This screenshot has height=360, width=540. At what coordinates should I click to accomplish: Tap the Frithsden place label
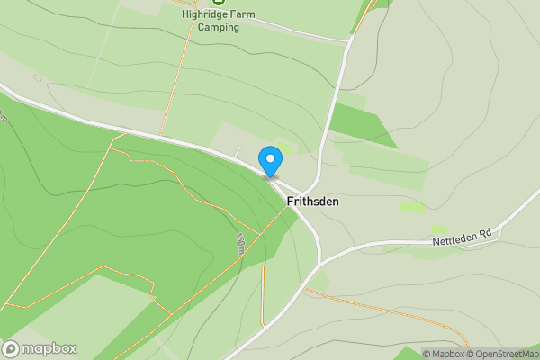coord(313,202)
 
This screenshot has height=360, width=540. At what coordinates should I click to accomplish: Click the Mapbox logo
coord(40,348)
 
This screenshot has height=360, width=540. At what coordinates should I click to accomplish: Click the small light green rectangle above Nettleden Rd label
coord(439,230)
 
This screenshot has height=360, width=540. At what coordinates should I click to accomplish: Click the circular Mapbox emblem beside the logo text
coord(11,348)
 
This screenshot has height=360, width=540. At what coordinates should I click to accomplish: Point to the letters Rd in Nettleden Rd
coord(485,232)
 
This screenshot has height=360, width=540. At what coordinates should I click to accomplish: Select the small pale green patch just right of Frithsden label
coord(412,208)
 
